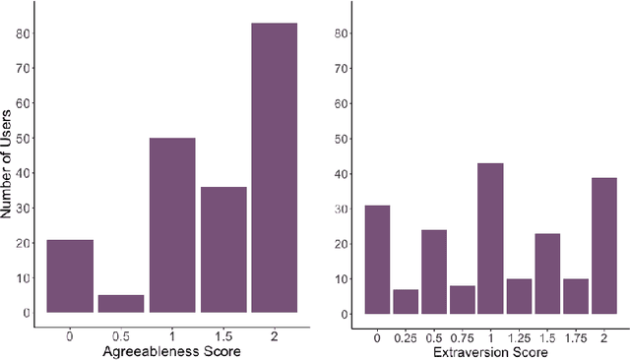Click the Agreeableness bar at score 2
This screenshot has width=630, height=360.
tap(274, 167)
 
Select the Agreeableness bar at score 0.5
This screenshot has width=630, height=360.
tap(121, 304)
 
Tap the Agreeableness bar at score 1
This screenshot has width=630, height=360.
tap(172, 225)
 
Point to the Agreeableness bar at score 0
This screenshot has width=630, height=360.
tap(70, 276)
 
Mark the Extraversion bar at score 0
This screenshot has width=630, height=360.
tap(376, 260)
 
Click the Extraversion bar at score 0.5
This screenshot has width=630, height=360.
tap(433, 271)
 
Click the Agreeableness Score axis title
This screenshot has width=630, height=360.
tap(172, 350)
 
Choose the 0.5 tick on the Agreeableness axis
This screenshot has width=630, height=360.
tap(121, 335)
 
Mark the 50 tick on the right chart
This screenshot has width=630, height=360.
tap(343, 139)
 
